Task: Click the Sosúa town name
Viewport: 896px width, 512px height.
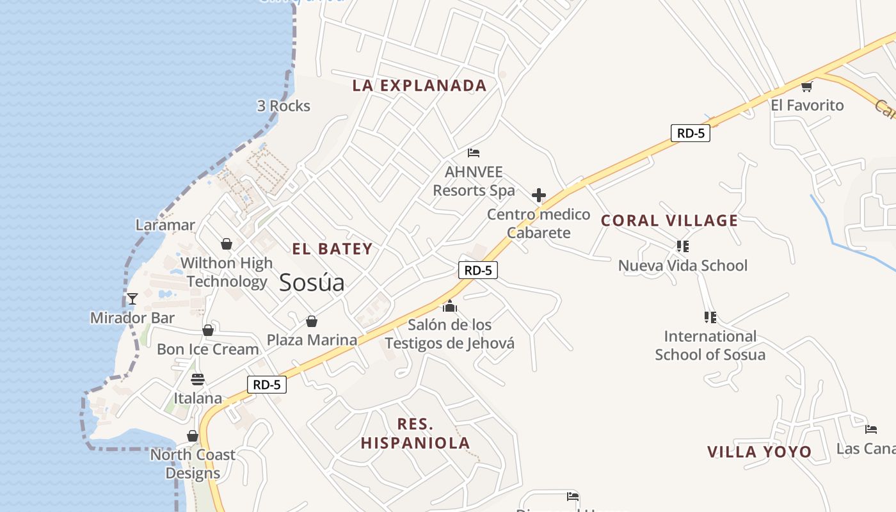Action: [x=312, y=282]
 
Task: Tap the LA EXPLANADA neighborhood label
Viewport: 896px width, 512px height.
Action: [x=419, y=85]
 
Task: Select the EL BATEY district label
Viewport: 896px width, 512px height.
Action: [x=332, y=249]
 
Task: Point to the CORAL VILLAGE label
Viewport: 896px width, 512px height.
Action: [x=669, y=221]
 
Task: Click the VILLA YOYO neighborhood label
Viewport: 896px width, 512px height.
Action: [x=759, y=452]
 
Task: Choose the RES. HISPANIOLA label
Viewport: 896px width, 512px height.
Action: [x=415, y=433]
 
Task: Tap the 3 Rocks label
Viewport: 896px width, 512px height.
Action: [x=284, y=106]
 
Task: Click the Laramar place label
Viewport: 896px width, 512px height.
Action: [x=165, y=225]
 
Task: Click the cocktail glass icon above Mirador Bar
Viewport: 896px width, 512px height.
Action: [x=132, y=298]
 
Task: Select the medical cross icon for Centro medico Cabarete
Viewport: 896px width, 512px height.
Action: [x=539, y=195]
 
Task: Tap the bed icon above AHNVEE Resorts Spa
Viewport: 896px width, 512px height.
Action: [x=474, y=152]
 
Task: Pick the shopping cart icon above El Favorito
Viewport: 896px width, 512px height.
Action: [x=807, y=86]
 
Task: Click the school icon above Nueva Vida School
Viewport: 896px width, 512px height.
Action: [x=682, y=246]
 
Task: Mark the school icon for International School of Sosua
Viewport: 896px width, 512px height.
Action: [x=710, y=317]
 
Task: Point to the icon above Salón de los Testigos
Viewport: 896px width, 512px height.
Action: [x=450, y=306]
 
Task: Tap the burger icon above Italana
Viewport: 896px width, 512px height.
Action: [x=197, y=379]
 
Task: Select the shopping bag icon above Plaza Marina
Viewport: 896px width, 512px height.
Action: [x=312, y=321]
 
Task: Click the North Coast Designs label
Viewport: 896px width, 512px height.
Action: [x=193, y=464]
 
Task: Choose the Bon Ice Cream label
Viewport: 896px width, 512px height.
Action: [x=208, y=349]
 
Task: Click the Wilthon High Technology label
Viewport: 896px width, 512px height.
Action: [x=227, y=272]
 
